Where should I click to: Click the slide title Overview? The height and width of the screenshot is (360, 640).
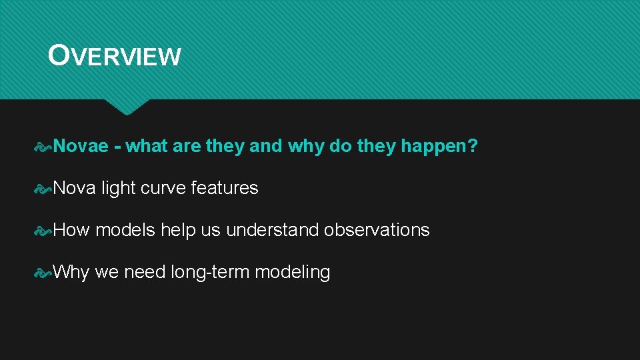(x=114, y=55)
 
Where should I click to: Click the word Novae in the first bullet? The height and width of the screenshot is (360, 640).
(x=81, y=146)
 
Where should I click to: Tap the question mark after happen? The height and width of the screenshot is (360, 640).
(x=473, y=146)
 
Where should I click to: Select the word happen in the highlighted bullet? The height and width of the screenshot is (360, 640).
(x=434, y=147)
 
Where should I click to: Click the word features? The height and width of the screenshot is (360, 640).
(x=225, y=188)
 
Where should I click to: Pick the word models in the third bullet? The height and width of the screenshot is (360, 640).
(x=125, y=229)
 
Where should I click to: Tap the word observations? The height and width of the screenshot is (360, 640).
(x=377, y=230)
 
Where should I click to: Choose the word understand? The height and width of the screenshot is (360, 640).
(x=272, y=229)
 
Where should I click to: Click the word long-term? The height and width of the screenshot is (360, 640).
(x=210, y=272)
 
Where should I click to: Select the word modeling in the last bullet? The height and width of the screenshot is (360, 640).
(x=293, y=272)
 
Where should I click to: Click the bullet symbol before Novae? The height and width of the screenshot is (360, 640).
(x=43, y=147)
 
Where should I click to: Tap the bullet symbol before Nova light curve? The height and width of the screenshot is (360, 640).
(x=43, y=189)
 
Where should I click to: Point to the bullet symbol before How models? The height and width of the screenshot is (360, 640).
(x=43, y=231)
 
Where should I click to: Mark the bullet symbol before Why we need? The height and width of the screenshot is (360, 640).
(x=43, y=273)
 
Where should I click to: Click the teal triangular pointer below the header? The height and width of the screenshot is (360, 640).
(x=127, y=106)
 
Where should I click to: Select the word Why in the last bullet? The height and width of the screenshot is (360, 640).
(x=71, y=272)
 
